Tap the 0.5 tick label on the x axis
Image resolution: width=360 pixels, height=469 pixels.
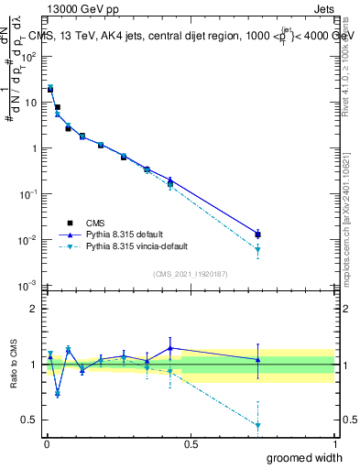(191, 444)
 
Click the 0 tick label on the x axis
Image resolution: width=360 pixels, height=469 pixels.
(48, 444)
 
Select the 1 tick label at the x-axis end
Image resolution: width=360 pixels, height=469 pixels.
(334, 444)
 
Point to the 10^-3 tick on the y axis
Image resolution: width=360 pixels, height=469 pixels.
(29, 286)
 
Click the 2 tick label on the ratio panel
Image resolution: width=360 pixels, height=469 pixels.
(34, 309)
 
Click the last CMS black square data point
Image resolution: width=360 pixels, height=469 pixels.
(258, 234)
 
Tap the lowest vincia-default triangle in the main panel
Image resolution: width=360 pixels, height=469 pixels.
(258, 249)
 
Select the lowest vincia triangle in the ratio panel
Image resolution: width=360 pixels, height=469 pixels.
(258, 425)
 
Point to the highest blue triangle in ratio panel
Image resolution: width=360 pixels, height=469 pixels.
(170, 348)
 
